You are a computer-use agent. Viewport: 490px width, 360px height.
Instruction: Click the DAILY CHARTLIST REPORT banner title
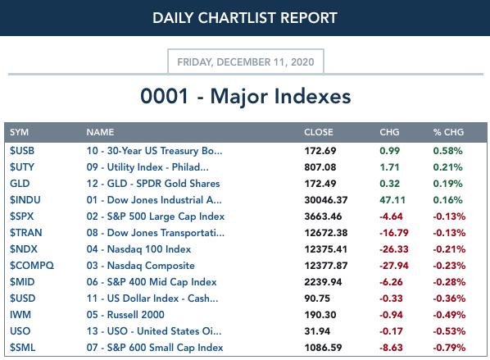[245, 18]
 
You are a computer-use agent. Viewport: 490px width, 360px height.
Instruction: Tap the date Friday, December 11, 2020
[246, 62]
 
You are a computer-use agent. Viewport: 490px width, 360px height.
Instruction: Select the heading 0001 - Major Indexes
[246, 96]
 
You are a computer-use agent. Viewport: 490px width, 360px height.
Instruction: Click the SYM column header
[19, 132]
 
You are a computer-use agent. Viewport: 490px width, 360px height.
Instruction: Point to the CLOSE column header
[319, 132]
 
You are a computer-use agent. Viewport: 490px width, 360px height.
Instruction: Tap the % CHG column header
[448, 132]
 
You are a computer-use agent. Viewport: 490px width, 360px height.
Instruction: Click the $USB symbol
[22, 151]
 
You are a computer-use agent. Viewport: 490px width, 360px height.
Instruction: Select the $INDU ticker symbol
[25, 200]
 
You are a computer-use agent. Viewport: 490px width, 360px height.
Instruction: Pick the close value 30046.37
[326, 200]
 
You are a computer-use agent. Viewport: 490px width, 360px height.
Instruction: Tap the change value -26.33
[394, 249]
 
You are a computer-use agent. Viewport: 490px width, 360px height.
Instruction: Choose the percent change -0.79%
[449, 348]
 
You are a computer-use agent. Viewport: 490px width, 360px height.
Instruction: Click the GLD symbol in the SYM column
[20, 184]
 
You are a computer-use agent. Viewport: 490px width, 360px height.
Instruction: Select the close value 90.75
[317, 298]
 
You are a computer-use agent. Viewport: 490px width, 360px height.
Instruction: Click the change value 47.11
[392, 200]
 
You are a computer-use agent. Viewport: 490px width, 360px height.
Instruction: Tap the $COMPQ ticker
[32, 266]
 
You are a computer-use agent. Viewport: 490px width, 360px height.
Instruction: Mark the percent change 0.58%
[447, 151]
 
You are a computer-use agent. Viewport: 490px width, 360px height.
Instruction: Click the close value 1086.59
[323, 348]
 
